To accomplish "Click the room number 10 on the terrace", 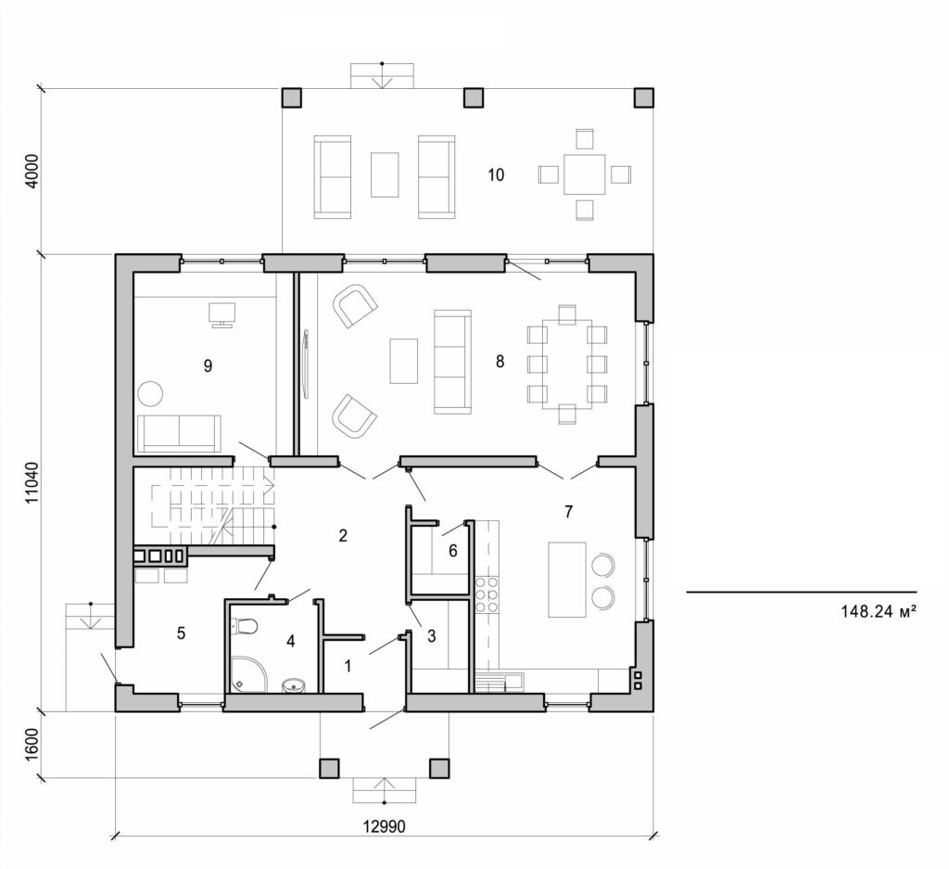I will [x=496, y=174].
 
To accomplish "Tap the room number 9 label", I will [x=208, y=366].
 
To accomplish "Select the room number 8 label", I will [x=500, y=362].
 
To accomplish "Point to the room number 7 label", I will [x=569, y=511].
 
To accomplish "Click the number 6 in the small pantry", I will [x=452, y=550].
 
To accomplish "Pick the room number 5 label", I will [x=182, y=633].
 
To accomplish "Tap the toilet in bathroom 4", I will [x=246, y=627].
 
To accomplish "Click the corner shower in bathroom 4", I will [x=247, y=675].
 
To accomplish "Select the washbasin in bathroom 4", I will [x=294, y=685].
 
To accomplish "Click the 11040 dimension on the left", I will [x=32, y=482].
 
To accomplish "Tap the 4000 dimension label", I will [x=32, y=171].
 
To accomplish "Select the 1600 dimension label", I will [x=32, y=744].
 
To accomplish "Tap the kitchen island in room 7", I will [x=567, y=580].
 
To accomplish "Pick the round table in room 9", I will [x=151, y=393].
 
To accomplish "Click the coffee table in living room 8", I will [x=404, y=361].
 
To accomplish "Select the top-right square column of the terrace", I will [x=643, y=97].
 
